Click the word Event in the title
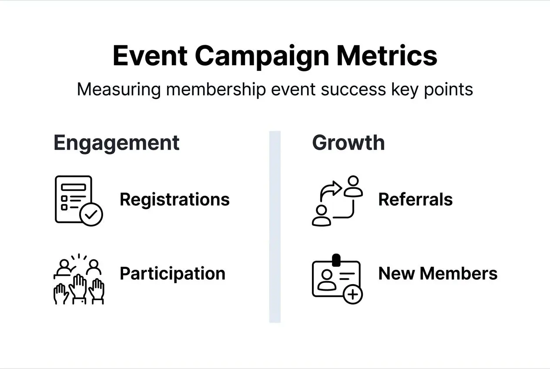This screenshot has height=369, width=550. point(150,56)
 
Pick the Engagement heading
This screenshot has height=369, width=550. point(116,143)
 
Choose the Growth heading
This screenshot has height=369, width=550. point(348,143)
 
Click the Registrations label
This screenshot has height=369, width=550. point(174,199)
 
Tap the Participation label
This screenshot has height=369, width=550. point(172,273)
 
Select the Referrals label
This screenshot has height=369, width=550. point(415,199)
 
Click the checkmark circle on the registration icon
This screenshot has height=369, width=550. point(92,214)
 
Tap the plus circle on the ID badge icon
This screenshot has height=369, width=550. point(352,295)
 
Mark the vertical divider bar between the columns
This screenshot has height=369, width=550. point(275,226)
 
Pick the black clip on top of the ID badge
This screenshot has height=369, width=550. point(336,260)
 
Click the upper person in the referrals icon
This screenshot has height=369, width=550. point(353,187)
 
